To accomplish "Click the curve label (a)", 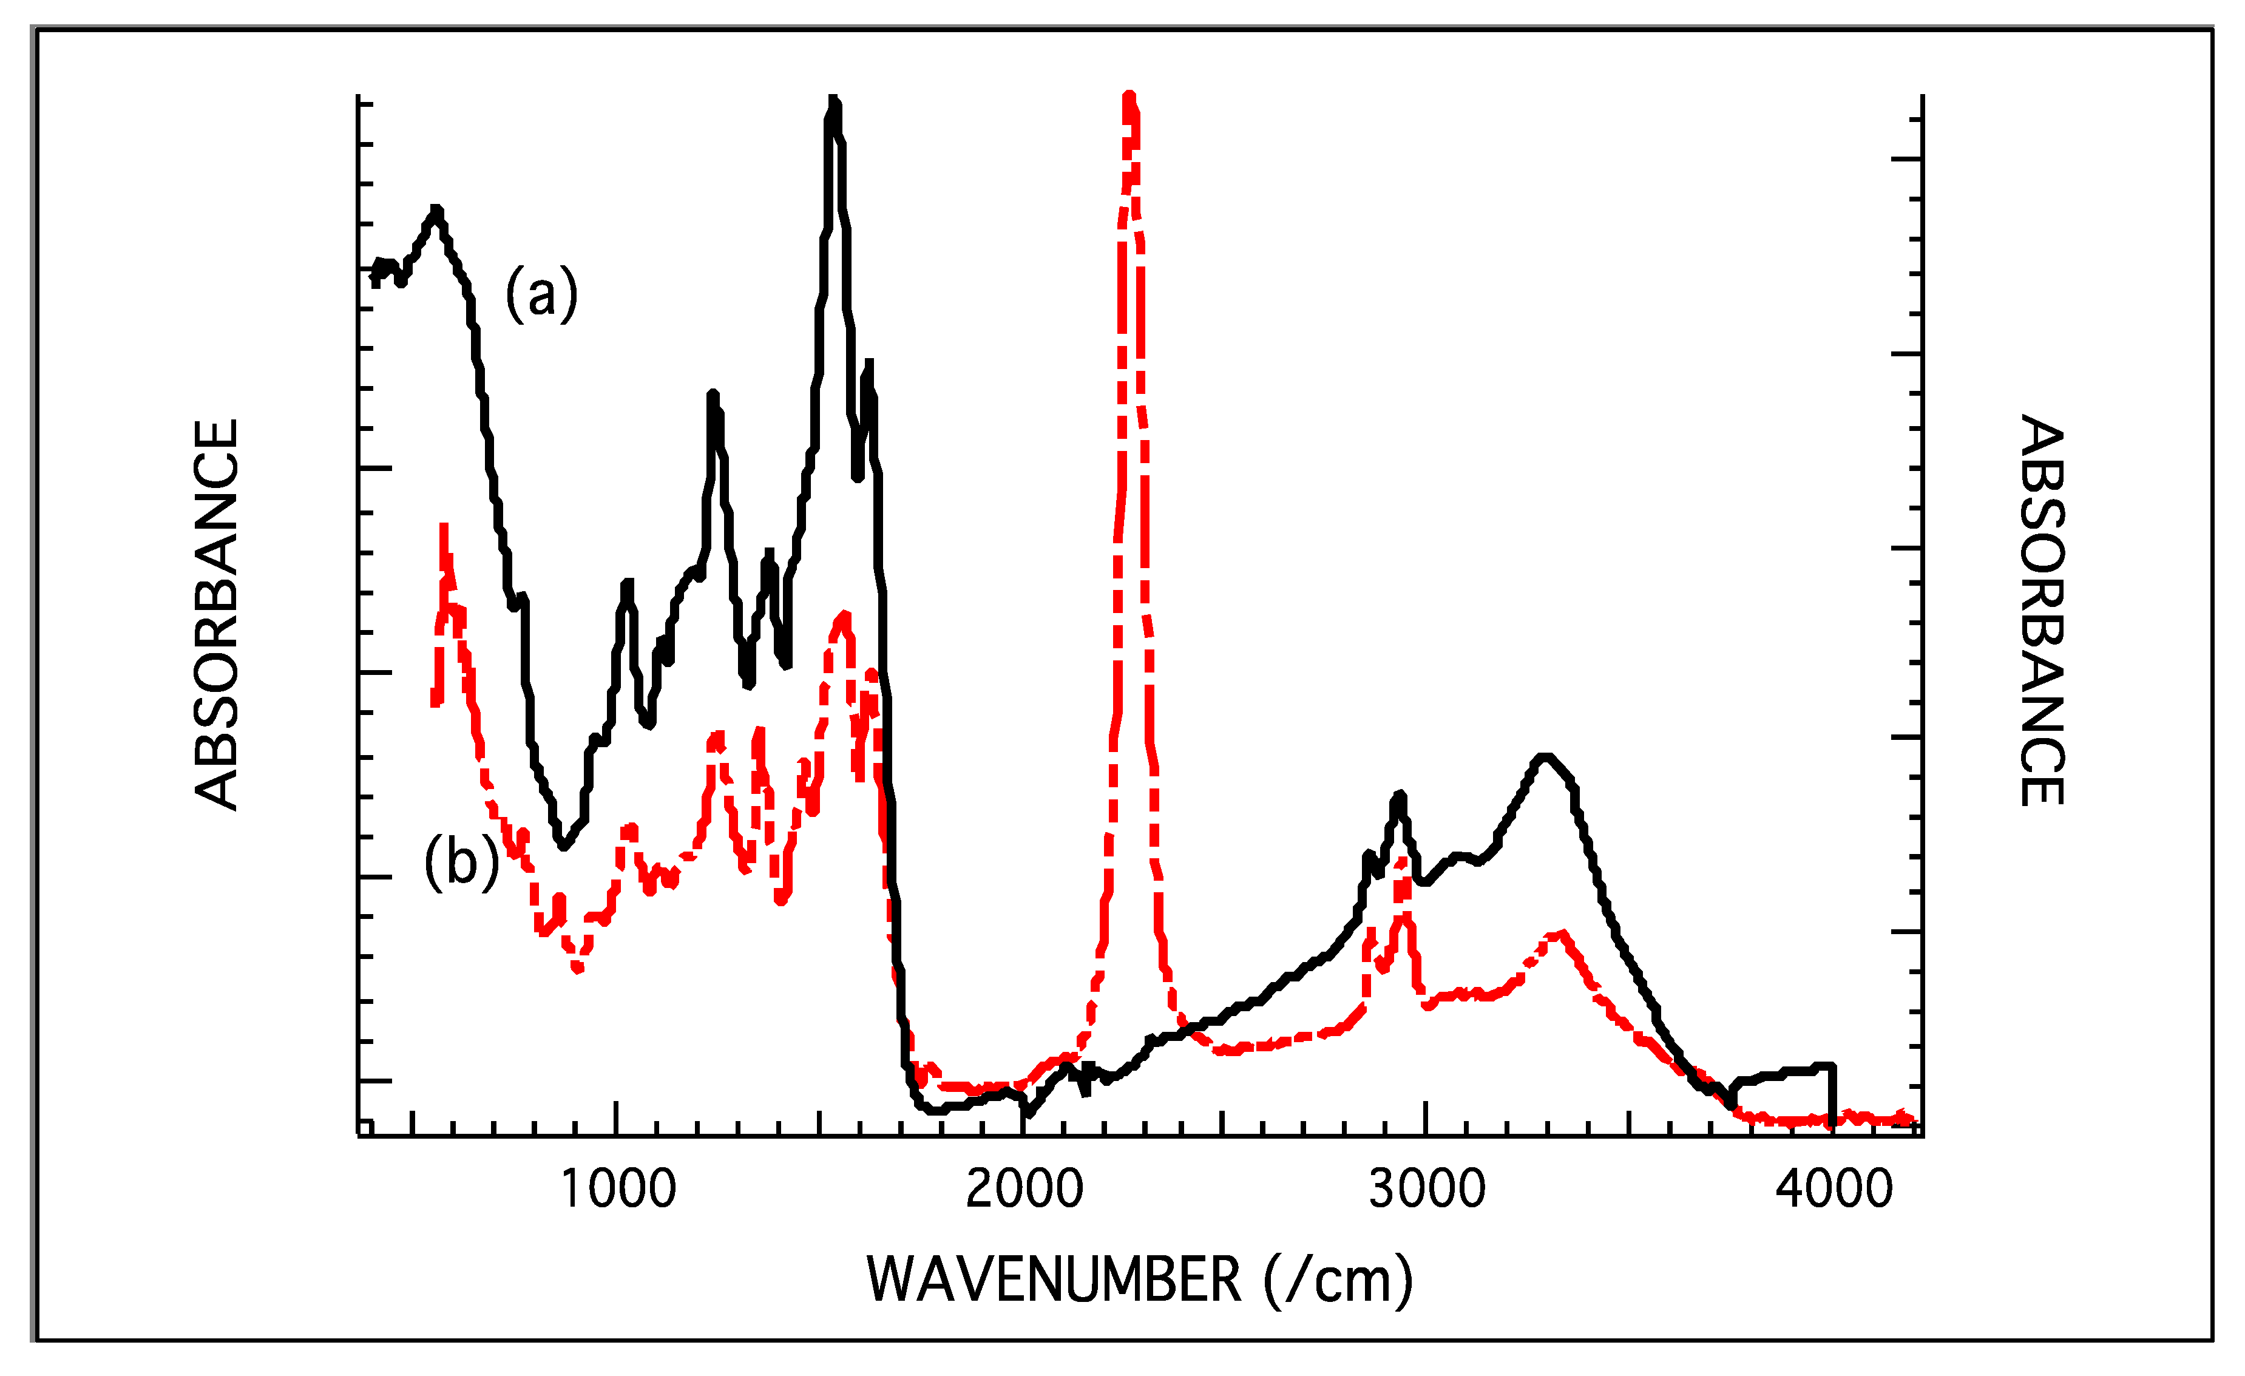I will point(541,293).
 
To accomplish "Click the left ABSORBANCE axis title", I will point(217,614).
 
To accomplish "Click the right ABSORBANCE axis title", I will point(2041,611).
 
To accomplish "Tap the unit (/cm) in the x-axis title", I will point(1338,1280).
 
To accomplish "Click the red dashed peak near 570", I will point(444,529).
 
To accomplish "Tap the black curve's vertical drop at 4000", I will point(1832,1094).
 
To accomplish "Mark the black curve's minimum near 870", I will point(564,846).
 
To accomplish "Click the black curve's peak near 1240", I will point(713,396).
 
